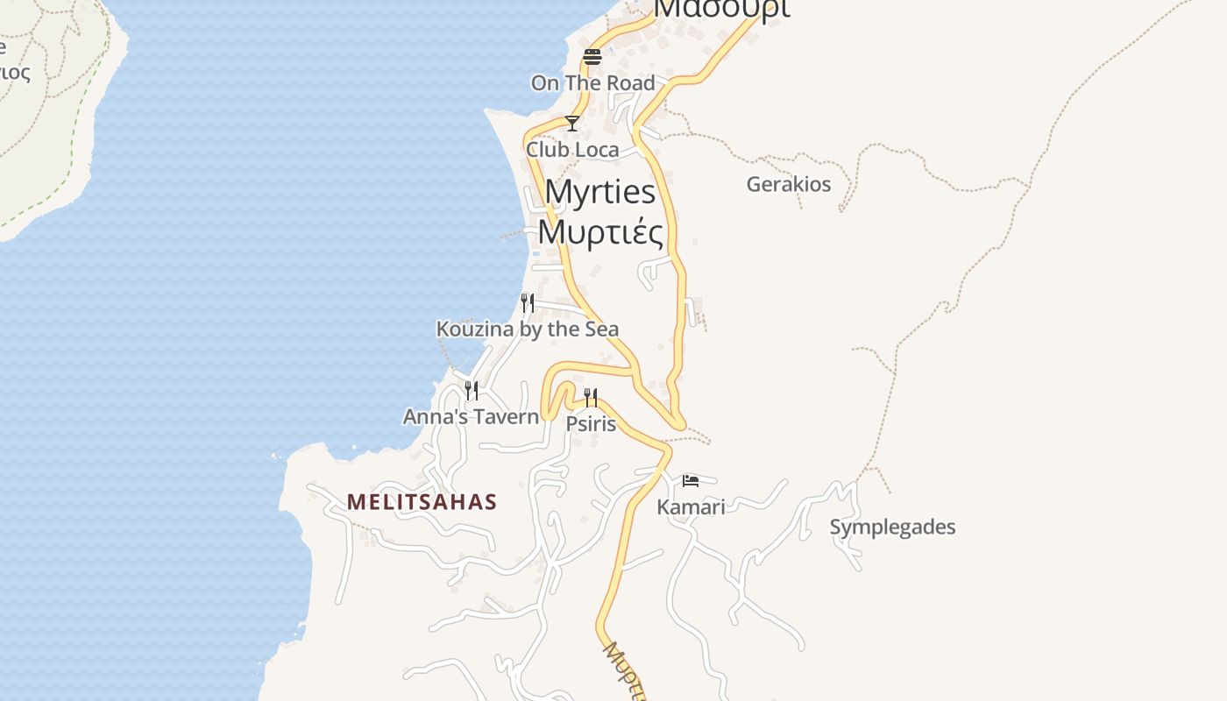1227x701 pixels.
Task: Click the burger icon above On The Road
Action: (x=592, y=57)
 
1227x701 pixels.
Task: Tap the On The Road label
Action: (x=592, y=83)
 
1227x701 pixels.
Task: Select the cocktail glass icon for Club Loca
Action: (x=572, y=124)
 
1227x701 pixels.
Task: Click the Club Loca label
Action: (x=572, y=150)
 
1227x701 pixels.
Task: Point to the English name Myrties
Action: (x=600, y=192)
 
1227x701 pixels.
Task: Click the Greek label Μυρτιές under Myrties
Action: (x=600, y=232)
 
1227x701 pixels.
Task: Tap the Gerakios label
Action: (x=788, y=185)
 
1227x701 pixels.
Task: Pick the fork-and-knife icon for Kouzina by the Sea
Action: (x=528, y=303)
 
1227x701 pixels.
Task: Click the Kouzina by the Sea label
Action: (x=528, y=329)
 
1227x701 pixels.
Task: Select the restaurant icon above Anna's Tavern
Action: (x=472, y=390)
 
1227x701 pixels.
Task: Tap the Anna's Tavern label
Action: (x=472, y=416)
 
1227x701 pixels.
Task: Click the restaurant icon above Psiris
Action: (x=591, y=398)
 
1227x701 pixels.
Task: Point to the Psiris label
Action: (x=591, y=424)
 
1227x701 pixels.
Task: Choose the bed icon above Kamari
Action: (x=691, y=480)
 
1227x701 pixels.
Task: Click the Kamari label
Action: (x=691, y=506)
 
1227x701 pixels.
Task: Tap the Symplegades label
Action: (x=892, y=528)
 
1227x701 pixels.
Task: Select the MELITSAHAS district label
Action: (x=422, y=502)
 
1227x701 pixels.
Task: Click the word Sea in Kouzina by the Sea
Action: (x=600, y=329)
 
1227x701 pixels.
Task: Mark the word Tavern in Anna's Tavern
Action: (x=506, y=416)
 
